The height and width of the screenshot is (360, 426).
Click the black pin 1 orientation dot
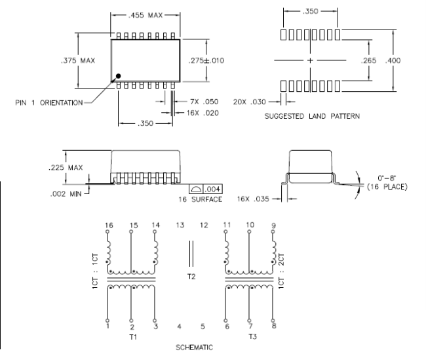(118, 76)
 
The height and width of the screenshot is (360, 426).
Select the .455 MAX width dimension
(145, 15)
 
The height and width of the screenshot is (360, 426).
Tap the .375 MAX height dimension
(78, 60)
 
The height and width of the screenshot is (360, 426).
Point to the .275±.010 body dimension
(206, 60)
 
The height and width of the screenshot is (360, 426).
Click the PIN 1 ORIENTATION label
(49, 103)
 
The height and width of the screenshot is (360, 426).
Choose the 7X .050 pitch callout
(204, 102)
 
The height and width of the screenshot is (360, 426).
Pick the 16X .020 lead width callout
(203, 113)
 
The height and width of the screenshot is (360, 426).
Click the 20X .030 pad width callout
(250, 102)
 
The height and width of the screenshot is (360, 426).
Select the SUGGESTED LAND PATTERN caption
(312, 116)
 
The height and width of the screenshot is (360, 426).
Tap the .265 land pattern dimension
(369, 60)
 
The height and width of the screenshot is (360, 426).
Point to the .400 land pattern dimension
(393, 60)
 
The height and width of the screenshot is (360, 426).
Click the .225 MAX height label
(66, 167)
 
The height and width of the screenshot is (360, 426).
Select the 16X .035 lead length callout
(253, 199)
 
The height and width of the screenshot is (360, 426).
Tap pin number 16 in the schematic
(109, 226)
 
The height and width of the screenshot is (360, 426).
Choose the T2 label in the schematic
(191, 277)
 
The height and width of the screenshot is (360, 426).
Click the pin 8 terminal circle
(273, 321)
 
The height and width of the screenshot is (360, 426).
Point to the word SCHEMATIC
(194, 348)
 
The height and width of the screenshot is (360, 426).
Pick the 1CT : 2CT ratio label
(281, 271)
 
